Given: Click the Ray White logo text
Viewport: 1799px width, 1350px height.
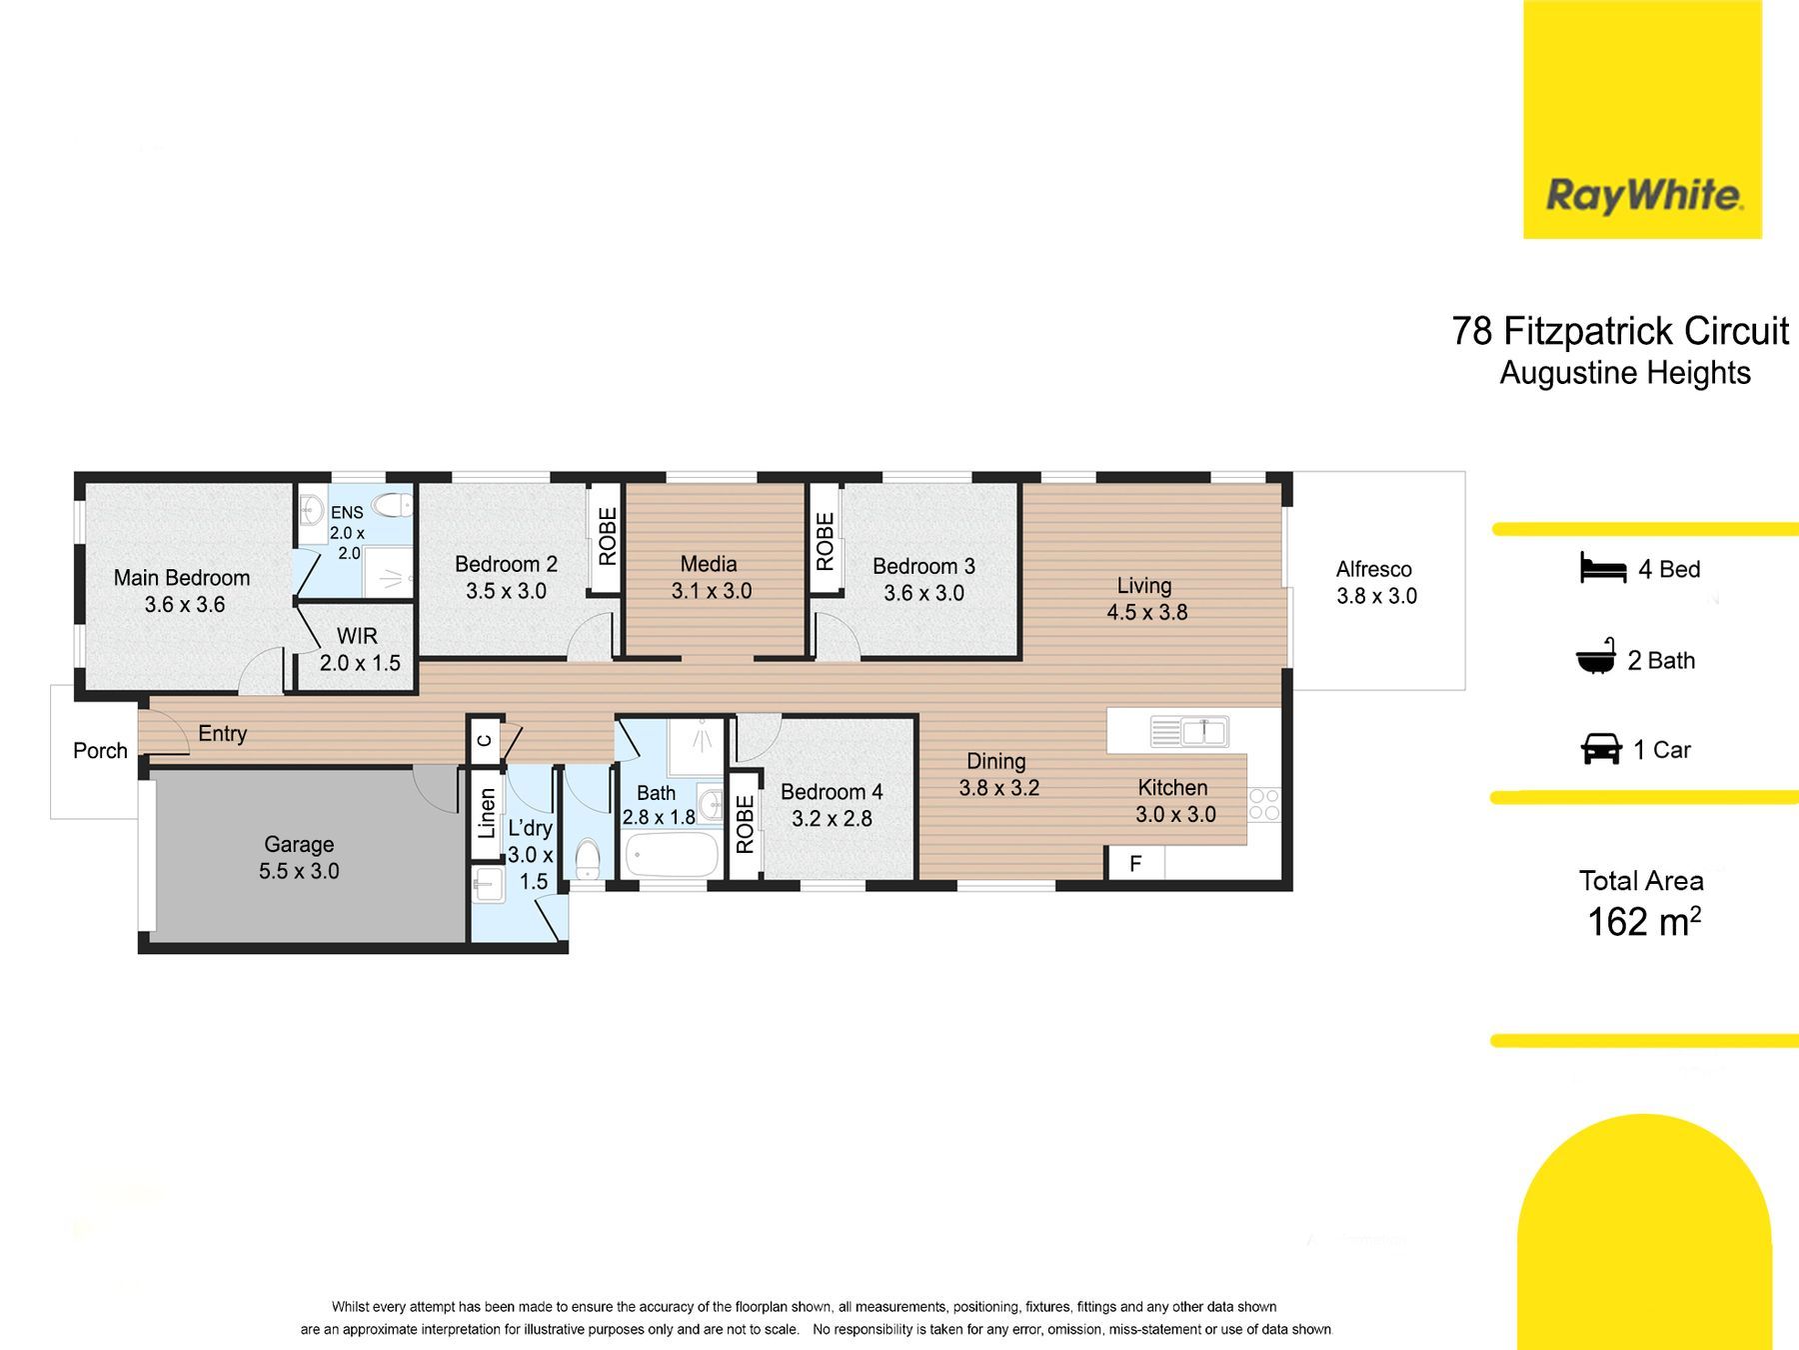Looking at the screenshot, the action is coord(1644,195).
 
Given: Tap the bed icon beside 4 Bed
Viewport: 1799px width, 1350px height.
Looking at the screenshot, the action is coord(1604,568).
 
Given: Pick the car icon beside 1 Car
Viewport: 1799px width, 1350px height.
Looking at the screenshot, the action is coord(1601,749).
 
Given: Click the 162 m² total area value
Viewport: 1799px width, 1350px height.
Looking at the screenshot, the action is coord(1644,921).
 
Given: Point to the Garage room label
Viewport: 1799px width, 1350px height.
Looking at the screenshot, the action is coord(299,845).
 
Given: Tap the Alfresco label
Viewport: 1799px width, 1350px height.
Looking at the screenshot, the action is coord(1374,569).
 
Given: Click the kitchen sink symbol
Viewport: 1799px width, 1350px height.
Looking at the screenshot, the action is coord(1189,732).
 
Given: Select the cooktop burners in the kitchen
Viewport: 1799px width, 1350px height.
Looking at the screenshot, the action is coord(1264,805).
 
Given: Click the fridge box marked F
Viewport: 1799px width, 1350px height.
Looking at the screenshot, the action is coord(1135,863).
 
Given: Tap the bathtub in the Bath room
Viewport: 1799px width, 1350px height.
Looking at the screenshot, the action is coord(672,855).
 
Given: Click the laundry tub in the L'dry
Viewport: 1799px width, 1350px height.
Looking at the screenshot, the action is coord(489,885).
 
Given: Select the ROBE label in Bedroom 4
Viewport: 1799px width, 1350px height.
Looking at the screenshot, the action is coord(745,824).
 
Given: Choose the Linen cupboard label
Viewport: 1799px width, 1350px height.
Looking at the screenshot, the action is coord(487,813).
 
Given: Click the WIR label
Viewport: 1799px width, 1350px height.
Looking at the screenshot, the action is coord(357,636).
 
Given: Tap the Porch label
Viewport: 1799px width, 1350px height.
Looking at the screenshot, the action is coord(100,750).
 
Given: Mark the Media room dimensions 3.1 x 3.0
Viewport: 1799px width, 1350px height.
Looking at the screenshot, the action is coord(712,591).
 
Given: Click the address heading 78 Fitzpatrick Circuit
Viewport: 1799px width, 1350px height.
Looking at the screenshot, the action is coord(1620,331).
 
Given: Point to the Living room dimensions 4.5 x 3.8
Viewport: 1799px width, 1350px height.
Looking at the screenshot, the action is coord(1147,612).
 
